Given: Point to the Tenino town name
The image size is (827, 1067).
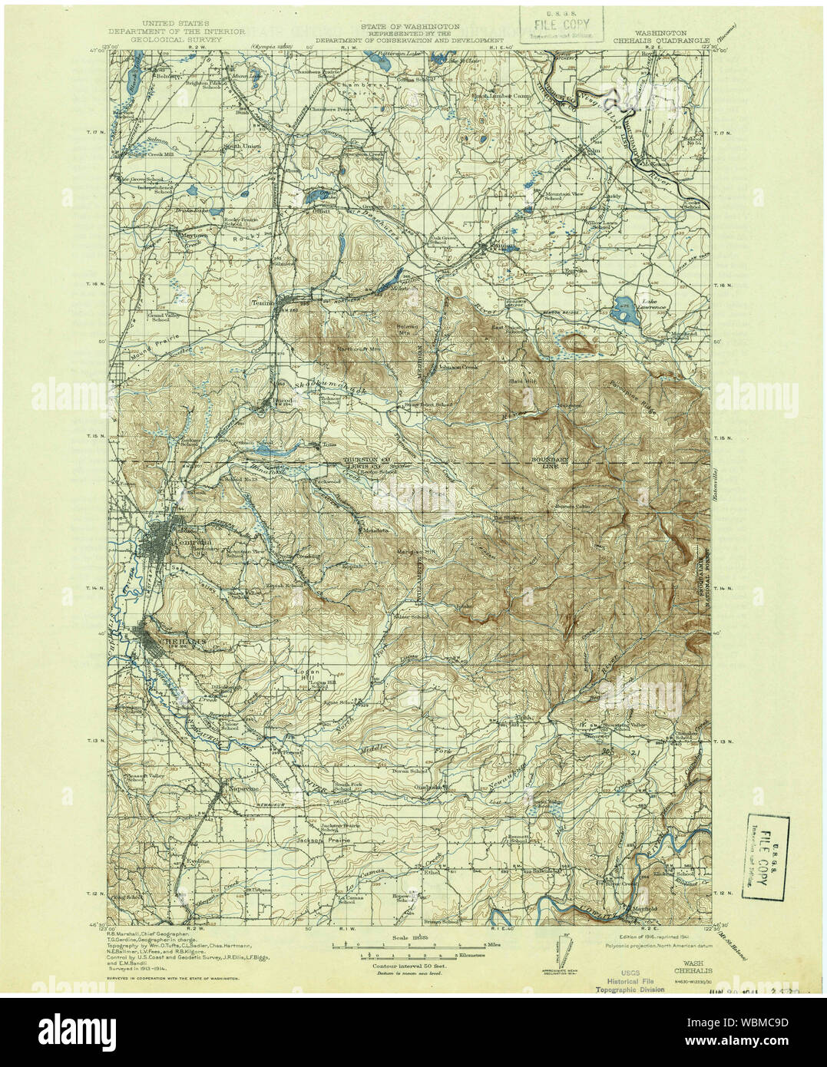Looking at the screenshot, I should [263, 302].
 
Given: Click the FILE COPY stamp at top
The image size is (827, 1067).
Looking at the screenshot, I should [561, 25].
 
